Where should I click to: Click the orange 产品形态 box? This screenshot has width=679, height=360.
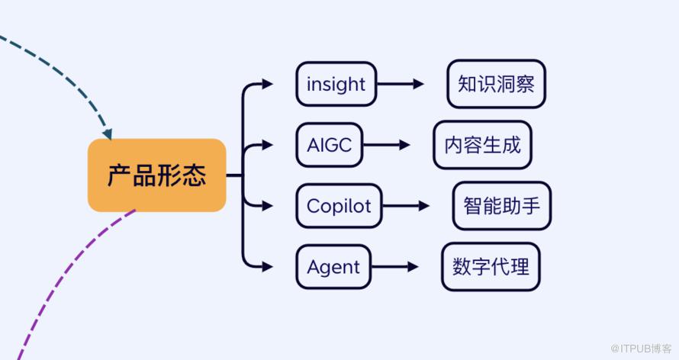[156, 175]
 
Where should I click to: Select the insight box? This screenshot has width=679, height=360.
[336, 84]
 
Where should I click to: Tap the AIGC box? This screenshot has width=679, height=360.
[329, 144]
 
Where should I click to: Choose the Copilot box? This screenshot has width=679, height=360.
[339, 205]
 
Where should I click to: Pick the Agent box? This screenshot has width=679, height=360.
[333, 267]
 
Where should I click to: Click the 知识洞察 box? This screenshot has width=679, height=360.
[496, 84]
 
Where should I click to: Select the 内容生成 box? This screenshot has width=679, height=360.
[482, 144]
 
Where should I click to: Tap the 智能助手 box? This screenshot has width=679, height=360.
[501, 205]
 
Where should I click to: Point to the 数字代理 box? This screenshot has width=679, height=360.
[491, 267]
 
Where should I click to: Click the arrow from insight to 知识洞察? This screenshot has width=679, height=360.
[400, 84]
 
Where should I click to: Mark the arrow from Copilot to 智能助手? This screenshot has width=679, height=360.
[406, 205]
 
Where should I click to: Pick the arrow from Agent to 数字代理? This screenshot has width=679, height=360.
[394, 267]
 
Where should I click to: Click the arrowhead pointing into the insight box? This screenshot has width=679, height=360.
[267, 84]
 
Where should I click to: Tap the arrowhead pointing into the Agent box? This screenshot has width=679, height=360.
[267, 267]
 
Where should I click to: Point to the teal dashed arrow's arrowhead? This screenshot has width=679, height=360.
[108, 134]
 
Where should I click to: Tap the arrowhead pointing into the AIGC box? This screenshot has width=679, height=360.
[267, 144]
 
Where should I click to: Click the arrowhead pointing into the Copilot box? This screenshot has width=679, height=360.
[267, 205]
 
